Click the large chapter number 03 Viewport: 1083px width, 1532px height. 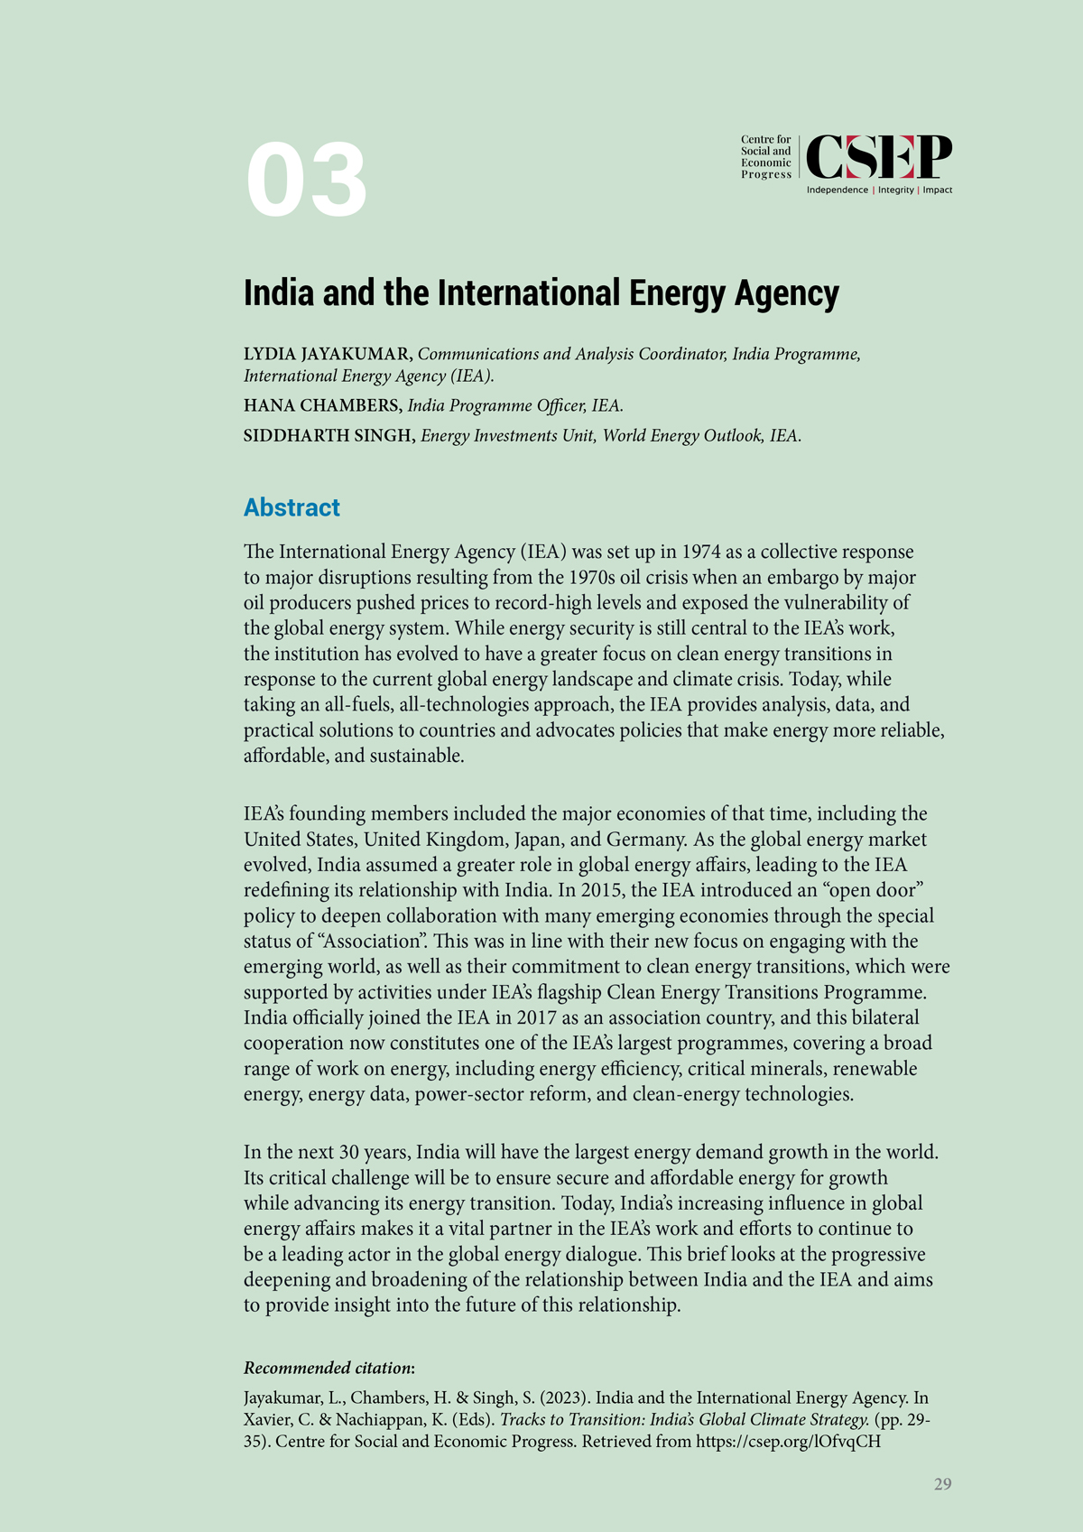coord(306,181)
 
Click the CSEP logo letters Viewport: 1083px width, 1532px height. coord(878,158)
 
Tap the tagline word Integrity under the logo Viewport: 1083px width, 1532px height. coord(895,190)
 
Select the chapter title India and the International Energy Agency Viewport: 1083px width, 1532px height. coord(541,293)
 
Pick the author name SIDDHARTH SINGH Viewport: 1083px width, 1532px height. coord(329,436)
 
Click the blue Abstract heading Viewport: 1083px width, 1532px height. coord(292,507)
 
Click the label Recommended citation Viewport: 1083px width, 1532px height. coord(329,1368)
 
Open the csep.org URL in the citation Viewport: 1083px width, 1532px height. coord(788,1441)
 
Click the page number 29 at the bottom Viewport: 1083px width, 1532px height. coord(942,1484)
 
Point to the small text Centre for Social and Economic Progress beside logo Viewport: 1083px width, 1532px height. coord(766,157)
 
